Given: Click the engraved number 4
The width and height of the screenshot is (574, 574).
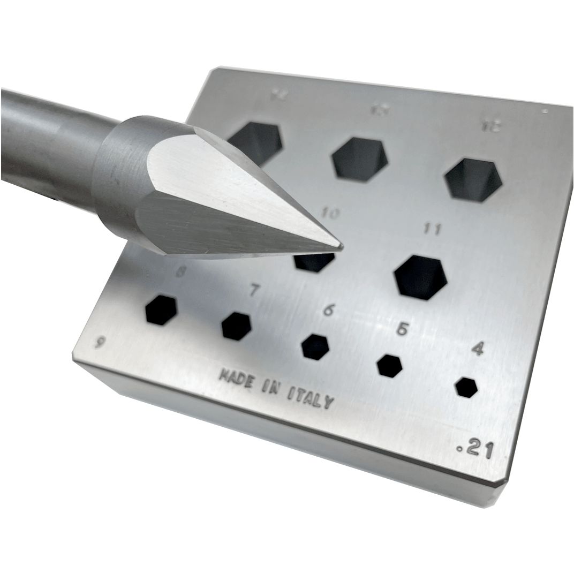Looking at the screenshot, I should (478, 350).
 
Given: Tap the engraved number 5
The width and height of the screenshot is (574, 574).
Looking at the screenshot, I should (402, 329).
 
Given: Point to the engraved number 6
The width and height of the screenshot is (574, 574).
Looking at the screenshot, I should (328, 309).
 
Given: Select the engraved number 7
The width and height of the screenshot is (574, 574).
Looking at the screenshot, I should (254, 291).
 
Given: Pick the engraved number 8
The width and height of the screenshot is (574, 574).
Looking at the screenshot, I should (182, 272).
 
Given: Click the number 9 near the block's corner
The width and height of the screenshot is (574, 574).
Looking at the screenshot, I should (100, 342).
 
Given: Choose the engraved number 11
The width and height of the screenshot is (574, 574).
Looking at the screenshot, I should (432, 229).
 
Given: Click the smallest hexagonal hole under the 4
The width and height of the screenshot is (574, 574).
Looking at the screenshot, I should (466, 387).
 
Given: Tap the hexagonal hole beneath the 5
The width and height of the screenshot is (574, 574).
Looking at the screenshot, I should (389, 366).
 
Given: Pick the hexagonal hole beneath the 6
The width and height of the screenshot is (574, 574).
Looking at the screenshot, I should (315, 346).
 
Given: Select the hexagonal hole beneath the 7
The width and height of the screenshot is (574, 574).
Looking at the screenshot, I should (236, 326).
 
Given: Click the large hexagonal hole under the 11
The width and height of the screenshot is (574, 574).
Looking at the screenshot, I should (421, 277).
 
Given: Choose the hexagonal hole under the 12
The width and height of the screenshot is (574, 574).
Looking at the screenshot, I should (473, 179).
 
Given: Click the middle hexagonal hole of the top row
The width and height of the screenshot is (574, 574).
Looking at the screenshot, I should (359, 159).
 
